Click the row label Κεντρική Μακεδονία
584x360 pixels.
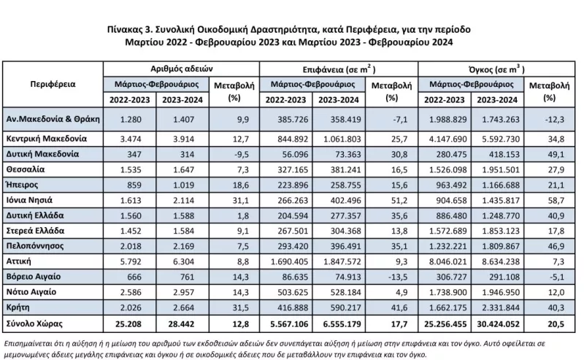47,139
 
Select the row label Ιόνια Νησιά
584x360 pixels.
29,200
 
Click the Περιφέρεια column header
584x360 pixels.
53,84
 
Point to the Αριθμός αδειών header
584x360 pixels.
181,69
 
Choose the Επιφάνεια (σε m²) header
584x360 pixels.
339,69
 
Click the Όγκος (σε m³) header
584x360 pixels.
496,69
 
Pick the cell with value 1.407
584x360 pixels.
184,120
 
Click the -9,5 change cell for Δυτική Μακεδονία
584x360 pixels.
242,154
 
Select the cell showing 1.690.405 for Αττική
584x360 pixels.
289,261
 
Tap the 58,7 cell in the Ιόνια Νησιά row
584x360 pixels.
556,201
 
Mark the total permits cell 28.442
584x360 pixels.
181,323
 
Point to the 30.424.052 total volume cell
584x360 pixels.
498,324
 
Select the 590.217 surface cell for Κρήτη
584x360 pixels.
345,308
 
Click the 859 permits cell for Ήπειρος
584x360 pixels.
134,185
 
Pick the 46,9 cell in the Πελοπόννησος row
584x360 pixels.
556,246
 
